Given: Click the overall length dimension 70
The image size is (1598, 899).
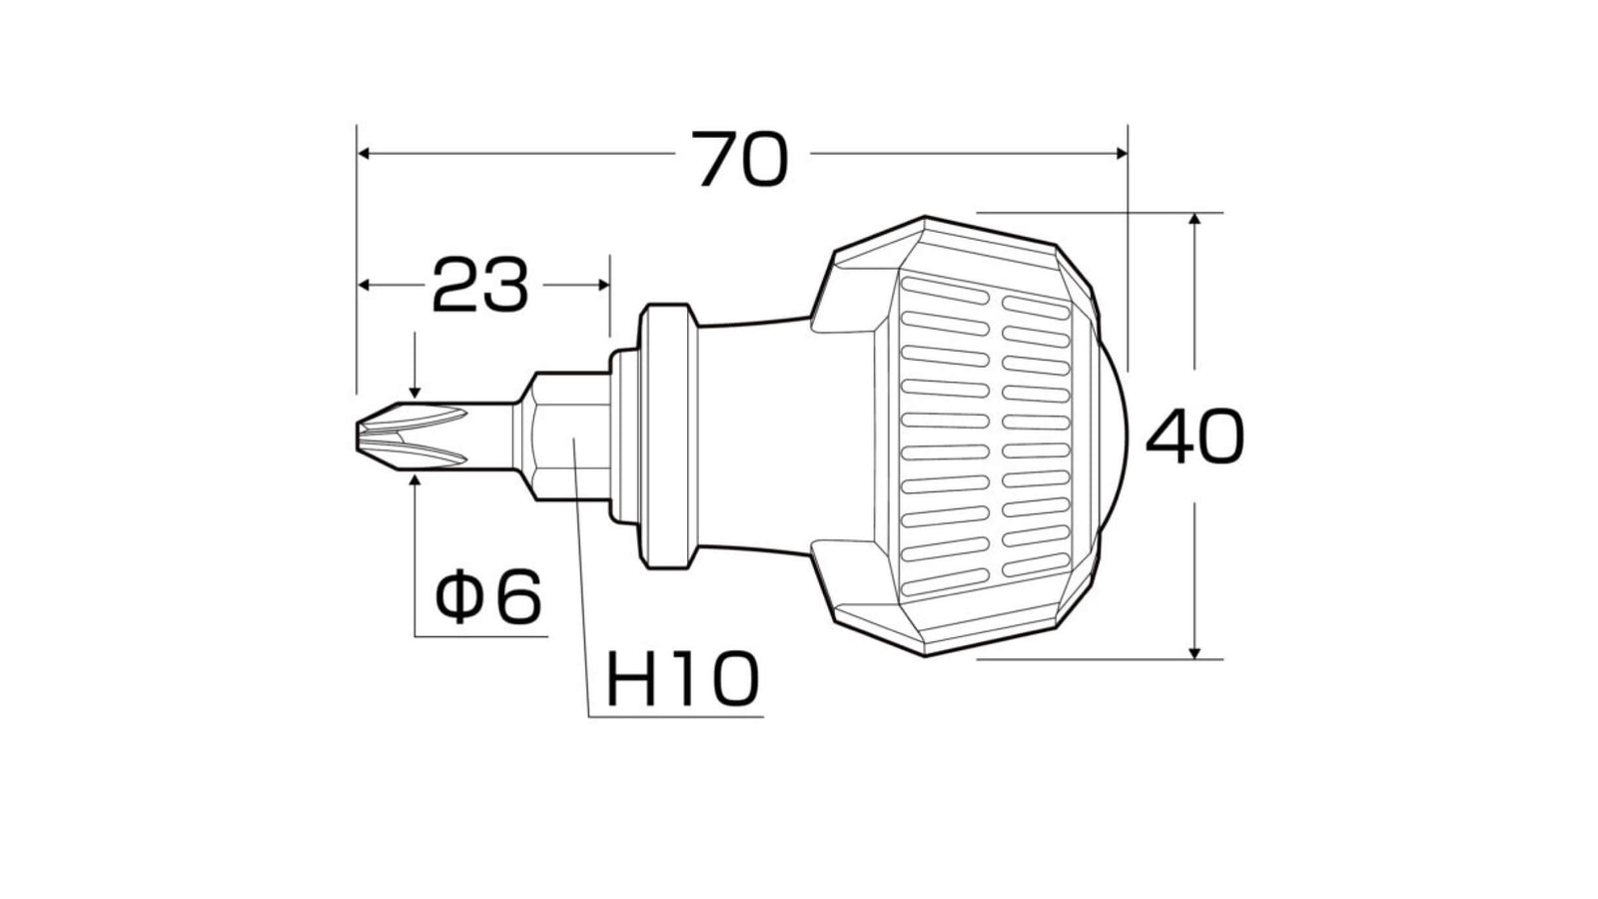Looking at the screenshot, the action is point(740,159).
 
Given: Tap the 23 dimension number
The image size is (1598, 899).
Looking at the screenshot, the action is point(480,286).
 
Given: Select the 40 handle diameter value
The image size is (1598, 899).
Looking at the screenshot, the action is point(1195,436).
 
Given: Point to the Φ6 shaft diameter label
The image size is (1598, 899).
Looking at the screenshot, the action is point(488,595).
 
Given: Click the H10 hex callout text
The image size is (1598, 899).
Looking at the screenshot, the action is point(683,679).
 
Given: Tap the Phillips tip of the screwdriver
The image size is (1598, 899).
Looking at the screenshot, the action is point(411,436).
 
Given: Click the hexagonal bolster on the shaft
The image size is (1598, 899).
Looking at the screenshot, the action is point(563,436).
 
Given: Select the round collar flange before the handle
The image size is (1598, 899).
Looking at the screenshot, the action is point(668,436).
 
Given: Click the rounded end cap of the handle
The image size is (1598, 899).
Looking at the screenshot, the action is point(1113,436).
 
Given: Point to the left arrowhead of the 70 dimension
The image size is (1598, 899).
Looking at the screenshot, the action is point(364,154).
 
